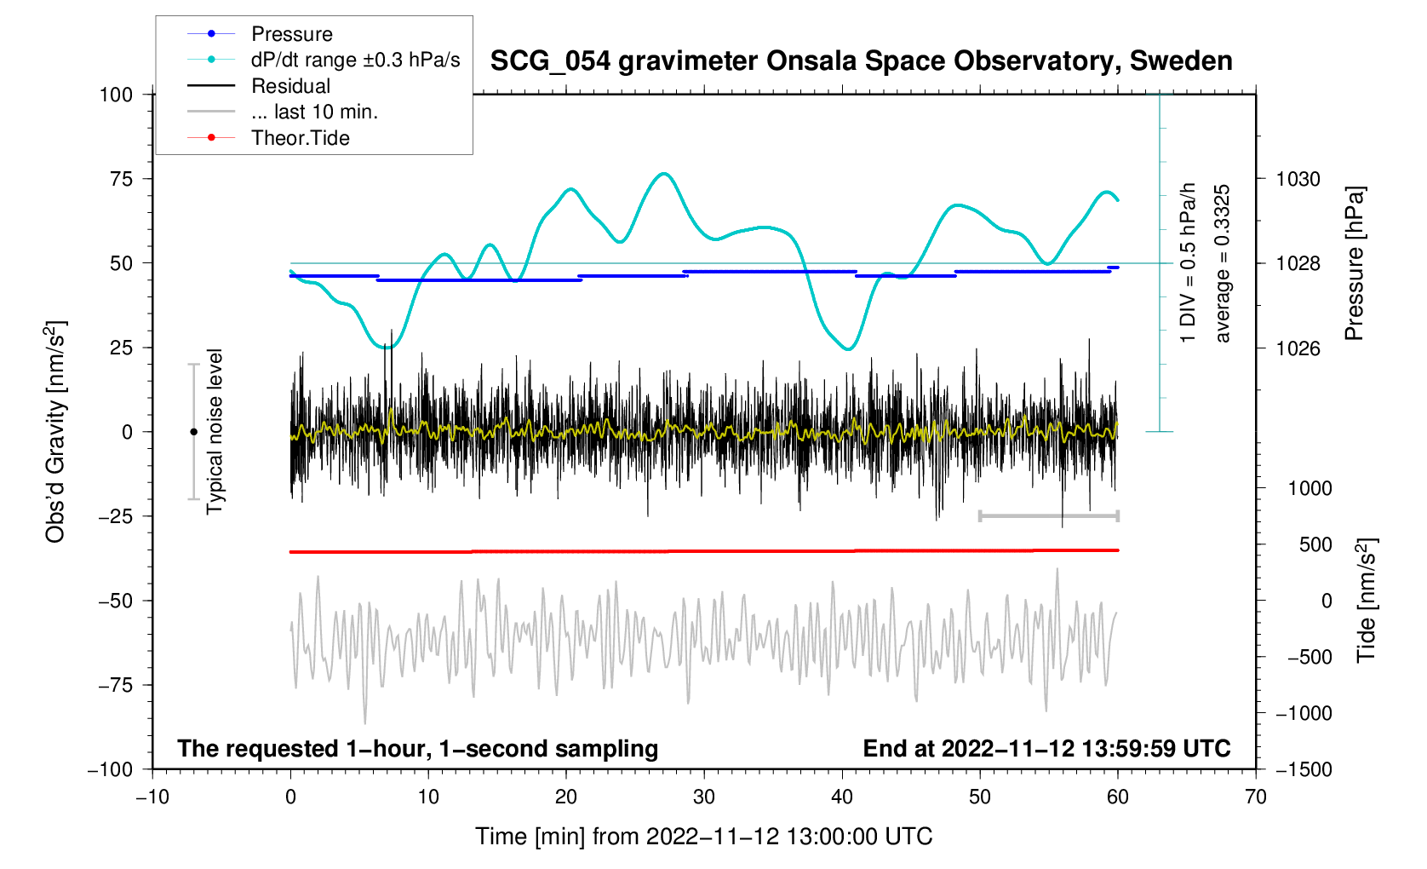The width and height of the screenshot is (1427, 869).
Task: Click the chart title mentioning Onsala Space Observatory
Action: point(861,61)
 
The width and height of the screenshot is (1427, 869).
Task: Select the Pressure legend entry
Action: point(291,34)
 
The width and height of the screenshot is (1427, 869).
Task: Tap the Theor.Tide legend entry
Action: point(300,138)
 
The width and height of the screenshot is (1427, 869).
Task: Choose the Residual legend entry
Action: point(290,86)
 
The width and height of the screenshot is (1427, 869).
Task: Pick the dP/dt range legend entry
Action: point(355,60)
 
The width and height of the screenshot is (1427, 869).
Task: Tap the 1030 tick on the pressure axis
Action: point(1298,179)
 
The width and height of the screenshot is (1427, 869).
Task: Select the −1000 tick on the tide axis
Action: point(1304,713)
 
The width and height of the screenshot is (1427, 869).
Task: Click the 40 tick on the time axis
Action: point(842,797)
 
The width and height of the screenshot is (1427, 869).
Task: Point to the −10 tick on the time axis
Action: point(152,797)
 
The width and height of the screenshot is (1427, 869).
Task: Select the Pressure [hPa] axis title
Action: point(1354,263)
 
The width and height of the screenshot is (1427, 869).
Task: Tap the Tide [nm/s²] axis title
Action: point(1367,601)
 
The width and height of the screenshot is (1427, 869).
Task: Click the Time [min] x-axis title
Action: point(703,837)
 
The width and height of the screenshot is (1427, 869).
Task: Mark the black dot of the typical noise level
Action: point(193,432)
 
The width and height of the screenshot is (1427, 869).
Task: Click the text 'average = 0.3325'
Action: point(1223,263)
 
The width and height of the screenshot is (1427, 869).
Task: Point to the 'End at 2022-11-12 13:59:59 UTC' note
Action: point(1046,749)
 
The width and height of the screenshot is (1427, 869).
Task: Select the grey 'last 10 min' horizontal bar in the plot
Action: point(1048,515)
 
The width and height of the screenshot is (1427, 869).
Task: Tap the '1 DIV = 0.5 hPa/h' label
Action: point(1188,263)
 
